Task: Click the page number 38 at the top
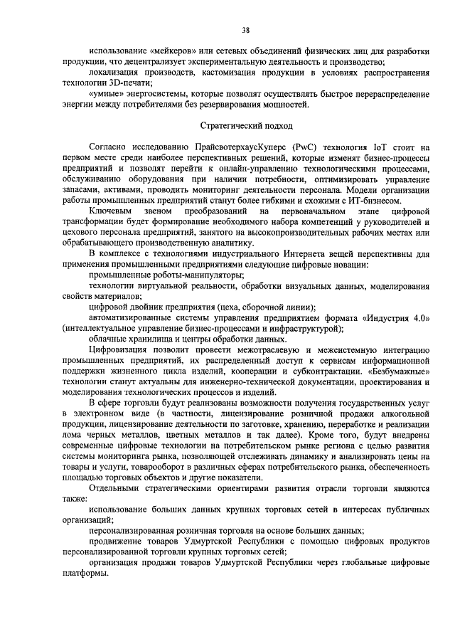[245, 30]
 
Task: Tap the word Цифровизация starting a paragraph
[122, 350]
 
